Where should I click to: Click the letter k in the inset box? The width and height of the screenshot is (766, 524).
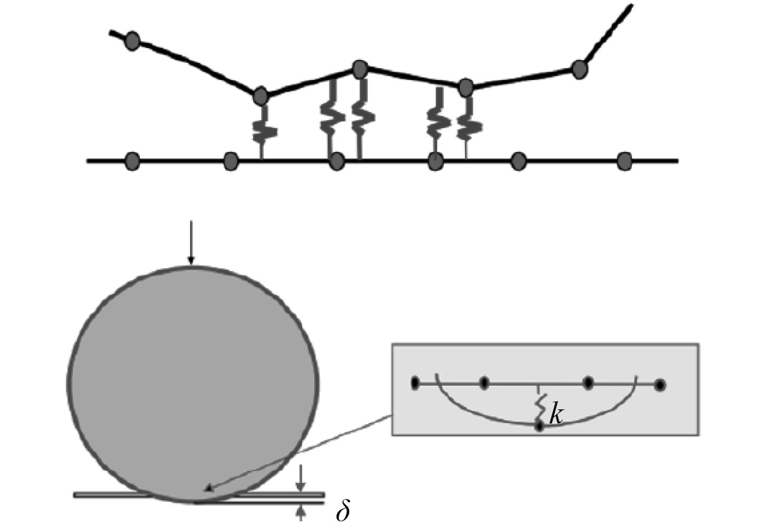pyautogui.click(x=556, y=415)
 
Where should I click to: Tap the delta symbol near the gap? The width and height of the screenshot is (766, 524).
pyautogui.click(x=343, y=511)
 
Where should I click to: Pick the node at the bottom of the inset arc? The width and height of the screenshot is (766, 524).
pyautogui.click(x=539, y=426)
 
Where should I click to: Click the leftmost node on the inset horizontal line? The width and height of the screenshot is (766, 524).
pyautogui.click(x=415, y=384)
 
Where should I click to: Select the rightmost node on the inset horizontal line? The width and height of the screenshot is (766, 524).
pyautogui.click(x=660, y=385)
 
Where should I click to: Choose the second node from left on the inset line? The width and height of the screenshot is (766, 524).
pyautogui.click(x=484, y=384)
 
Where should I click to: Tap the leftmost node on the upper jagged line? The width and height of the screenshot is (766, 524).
pyautogui.click(x=132, y=41)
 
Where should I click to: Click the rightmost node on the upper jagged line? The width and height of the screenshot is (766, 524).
pyautogui.click(x=580, y=70)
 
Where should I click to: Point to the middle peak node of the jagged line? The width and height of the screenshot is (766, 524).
pyautogui.click(x=360, y=69)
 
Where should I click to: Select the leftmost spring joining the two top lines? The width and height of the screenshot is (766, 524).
pyautogui.click(x=263, y=130)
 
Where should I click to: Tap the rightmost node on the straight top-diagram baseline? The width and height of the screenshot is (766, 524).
pyautogui.click(x=624, y=161)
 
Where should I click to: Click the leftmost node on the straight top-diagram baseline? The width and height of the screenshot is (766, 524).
pyautogui.click(x=132, y=161)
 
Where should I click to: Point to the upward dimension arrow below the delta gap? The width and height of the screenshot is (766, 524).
pyautogui.click(x=301, y=512)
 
